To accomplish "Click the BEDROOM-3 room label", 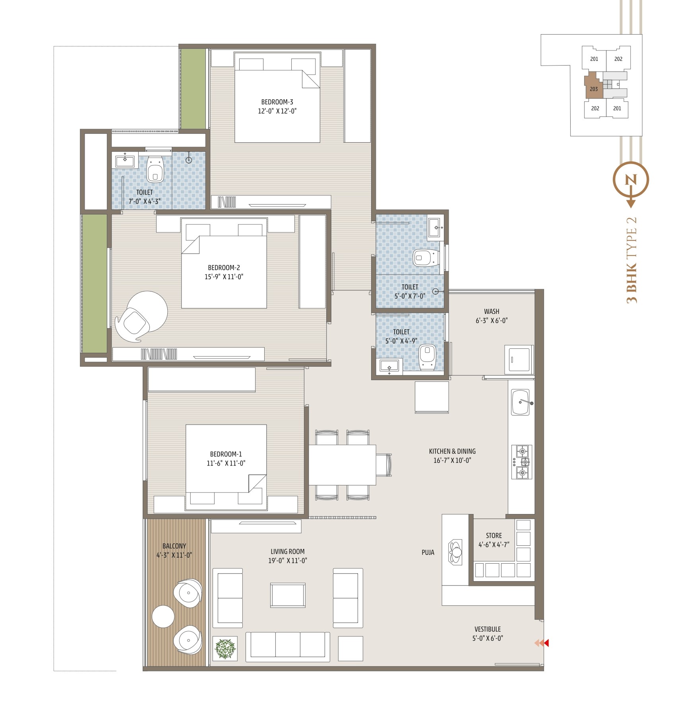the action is pos(277,102).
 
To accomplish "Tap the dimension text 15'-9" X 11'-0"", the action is pos(224,277).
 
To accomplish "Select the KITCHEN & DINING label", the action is pos(452,451).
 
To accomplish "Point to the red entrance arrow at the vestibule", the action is pos(546,643).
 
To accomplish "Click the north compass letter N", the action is pos(631,180).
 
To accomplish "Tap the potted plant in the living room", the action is pos(225,648).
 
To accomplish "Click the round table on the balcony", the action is pos(163,616).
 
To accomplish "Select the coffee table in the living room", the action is pos(288,595).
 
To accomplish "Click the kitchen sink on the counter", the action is pos(521,402).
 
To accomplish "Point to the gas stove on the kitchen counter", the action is pos(521,462).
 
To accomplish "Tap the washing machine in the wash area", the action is pos(519,359).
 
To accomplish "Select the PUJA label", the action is pos(428,553).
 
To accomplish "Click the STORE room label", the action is pos(494,535).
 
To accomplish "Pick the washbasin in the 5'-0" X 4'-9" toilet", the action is pos(389,365).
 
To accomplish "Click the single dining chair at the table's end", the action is pos(384,465).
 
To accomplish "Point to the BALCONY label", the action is pos(174,546).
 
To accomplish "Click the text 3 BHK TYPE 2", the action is pos(631,260).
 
